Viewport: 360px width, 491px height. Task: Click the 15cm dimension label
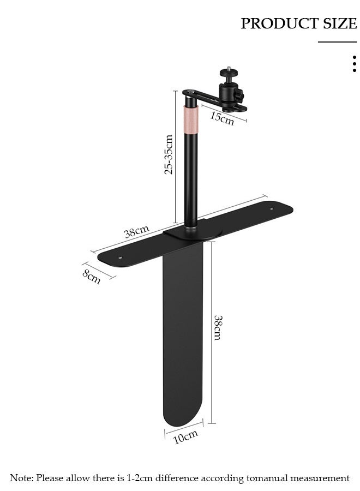(222, 118)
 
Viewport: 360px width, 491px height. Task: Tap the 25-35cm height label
(169, 154)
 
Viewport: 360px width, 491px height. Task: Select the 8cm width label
(92, 277)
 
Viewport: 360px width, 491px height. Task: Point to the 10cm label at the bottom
(185, 436)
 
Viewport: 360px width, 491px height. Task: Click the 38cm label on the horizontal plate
(136, 232)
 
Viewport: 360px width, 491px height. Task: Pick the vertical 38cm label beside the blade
(217, 327)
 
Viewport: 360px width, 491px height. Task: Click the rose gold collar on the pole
(191, 118)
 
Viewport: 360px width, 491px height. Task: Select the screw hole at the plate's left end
(121, 257)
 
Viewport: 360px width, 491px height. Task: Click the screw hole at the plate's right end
(271, 208)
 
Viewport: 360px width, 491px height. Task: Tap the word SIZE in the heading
(339, 23)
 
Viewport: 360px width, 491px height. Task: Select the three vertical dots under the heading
(355, 63)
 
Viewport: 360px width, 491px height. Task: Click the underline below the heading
(337, 42)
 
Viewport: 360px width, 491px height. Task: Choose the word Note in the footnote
(21, 478)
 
